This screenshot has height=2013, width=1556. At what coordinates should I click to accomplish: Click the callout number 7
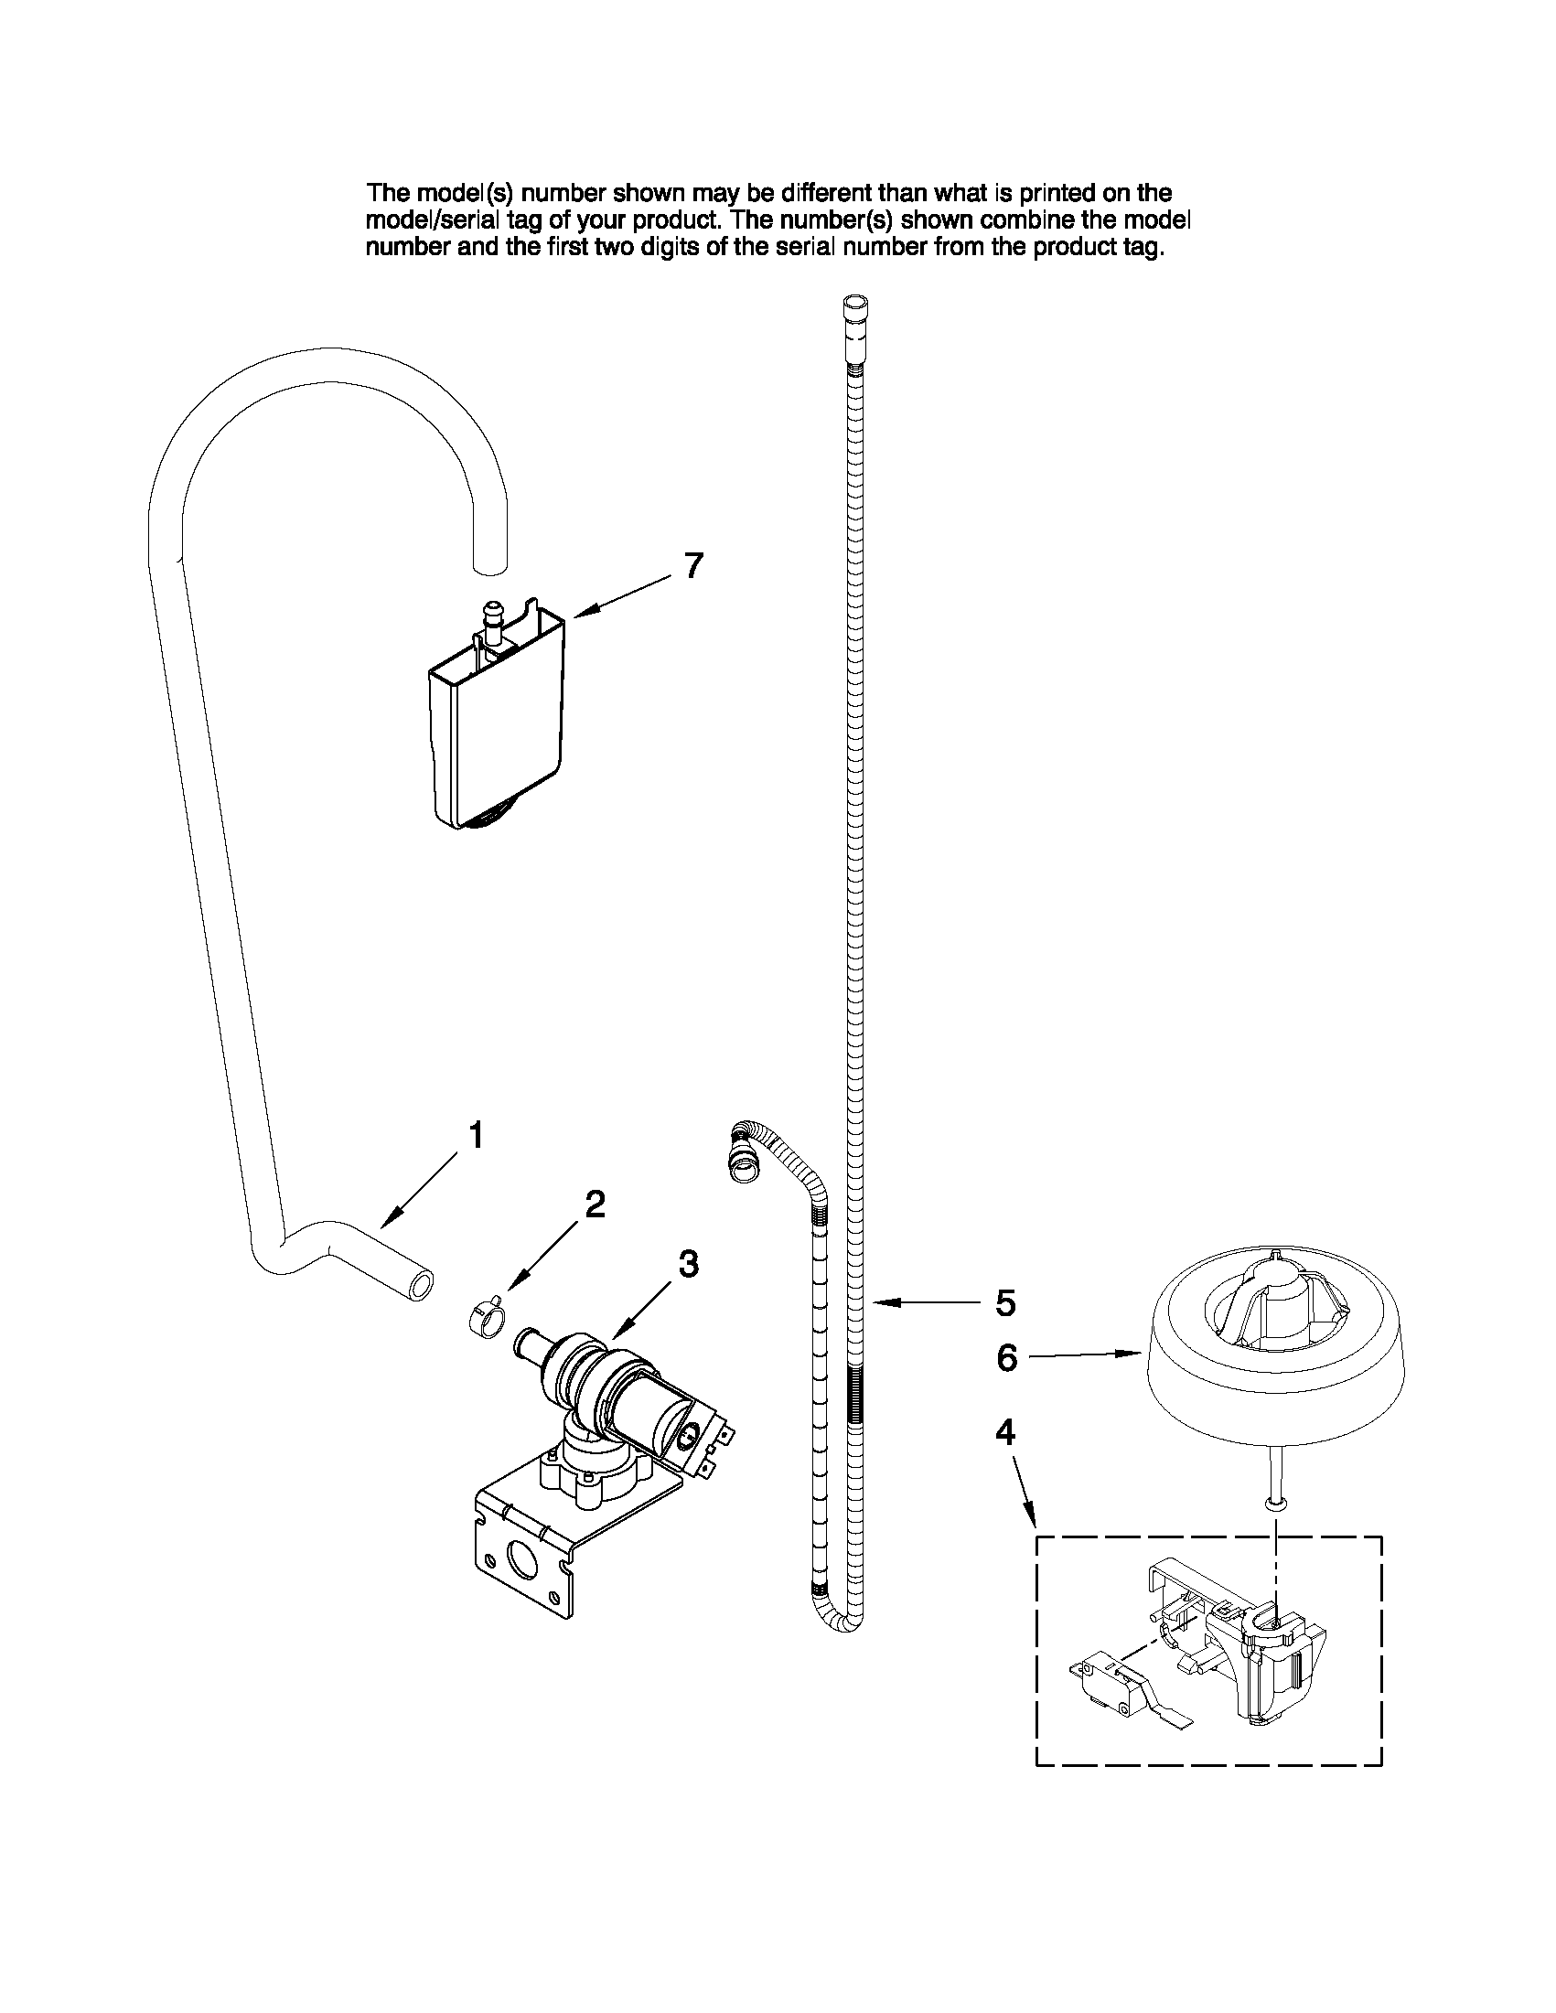pos(694,565)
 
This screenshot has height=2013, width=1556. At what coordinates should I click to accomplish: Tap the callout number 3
pos(689,1264)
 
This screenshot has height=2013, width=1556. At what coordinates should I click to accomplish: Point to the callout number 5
pos(1005,1303)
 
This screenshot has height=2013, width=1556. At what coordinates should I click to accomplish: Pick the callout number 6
pos(1006,1384)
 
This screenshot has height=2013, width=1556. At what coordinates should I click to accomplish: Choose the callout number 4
pos(1005,1458)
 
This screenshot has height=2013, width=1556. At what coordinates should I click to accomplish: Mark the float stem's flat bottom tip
pos(1276,1504)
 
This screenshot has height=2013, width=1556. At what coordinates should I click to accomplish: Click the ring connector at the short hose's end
pos(743,1167)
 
